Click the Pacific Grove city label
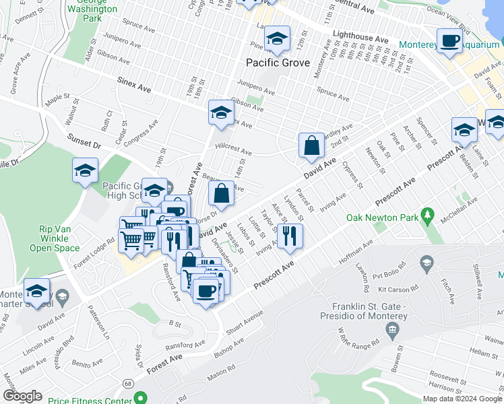(278, 63)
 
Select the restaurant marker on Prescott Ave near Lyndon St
(290, 236)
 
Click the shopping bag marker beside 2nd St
(311, 145)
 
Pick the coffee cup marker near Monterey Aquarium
(449, 41)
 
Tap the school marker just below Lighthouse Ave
(276, 40)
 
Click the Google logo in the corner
(22, 396)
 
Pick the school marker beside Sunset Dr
(85, 171)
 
